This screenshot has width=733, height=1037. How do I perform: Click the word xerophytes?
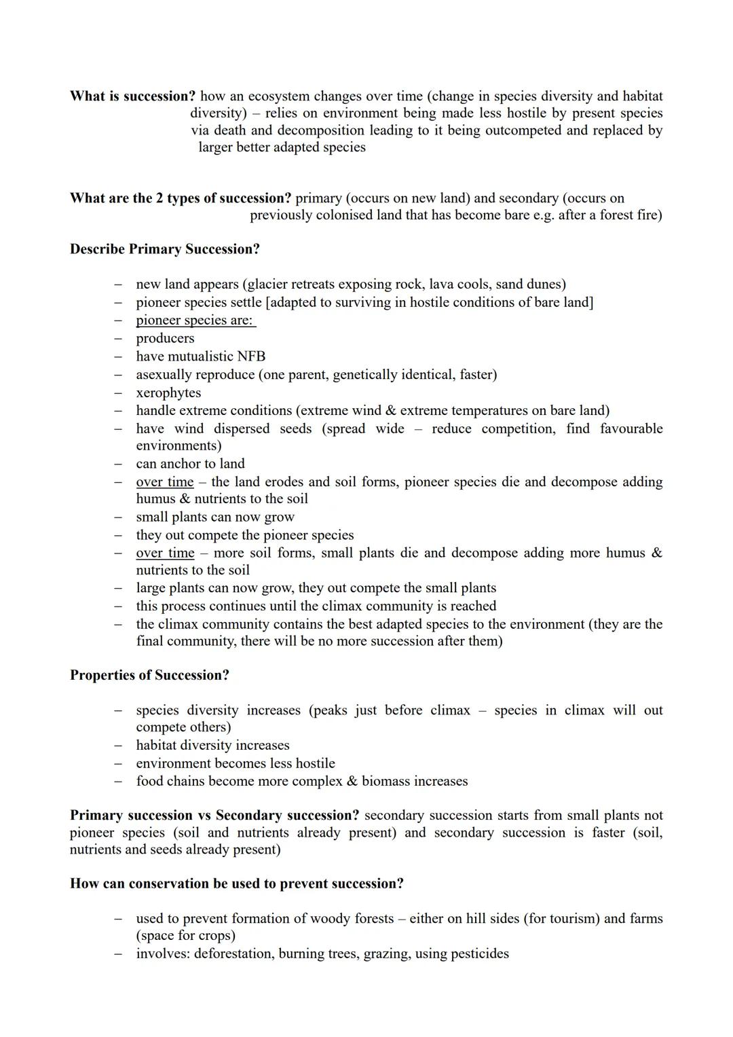tap(168, 393)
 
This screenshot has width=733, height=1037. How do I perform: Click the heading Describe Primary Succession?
tap(165, 249)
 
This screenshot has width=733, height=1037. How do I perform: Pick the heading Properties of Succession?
tap(149, 675)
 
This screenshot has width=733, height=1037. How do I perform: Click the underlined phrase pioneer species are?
tap(195, 321)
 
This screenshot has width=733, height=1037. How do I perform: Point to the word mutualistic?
tap(200, 357)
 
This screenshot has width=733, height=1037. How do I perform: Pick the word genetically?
tap(366, 375)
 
